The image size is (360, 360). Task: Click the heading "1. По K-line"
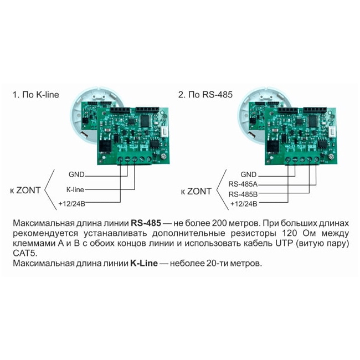tap(35, 95)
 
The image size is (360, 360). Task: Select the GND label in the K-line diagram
tap(76, 174)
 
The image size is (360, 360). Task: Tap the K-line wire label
tap(75, 189)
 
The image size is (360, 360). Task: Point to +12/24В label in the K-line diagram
tap(71, 203)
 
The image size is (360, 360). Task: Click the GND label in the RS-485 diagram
tap(249, 174)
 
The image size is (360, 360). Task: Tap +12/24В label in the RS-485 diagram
tap(243, 204)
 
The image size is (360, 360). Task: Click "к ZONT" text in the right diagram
tap(196, 192)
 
